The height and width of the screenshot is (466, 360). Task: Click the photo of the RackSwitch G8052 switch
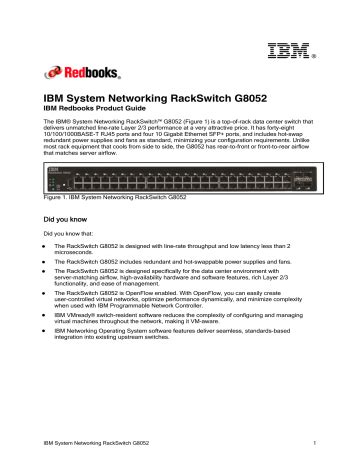(x=179, y=183)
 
